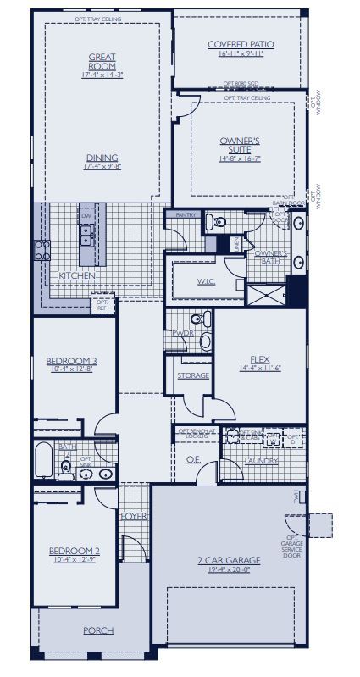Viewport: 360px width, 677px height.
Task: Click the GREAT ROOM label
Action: coord(102,62)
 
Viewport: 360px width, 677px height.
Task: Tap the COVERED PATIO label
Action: coord(241,45)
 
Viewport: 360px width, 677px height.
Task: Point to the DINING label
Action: coord(102,158)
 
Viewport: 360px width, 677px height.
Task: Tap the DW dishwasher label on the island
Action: coord(86,216)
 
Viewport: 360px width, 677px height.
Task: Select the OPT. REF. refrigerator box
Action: coord(102,302)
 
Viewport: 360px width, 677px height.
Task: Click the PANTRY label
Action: coord(186,215)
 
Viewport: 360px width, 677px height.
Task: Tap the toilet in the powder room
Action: coord(197,319)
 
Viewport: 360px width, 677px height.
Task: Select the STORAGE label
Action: coord(193,375)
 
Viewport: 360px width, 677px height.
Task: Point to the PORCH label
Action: coord(97,630)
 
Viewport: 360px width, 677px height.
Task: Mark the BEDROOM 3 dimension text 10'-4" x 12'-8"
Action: coord(71,369)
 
